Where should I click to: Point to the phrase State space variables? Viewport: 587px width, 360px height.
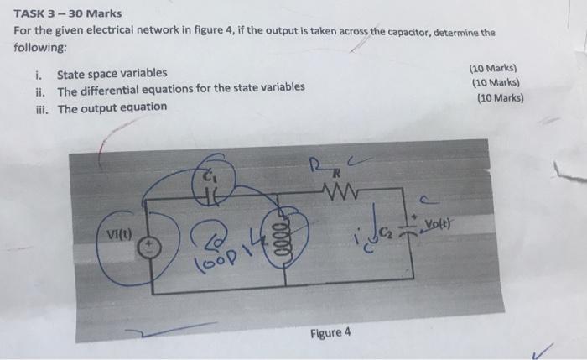pos(112,74)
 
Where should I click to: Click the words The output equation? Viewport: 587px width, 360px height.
pos(112,107)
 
